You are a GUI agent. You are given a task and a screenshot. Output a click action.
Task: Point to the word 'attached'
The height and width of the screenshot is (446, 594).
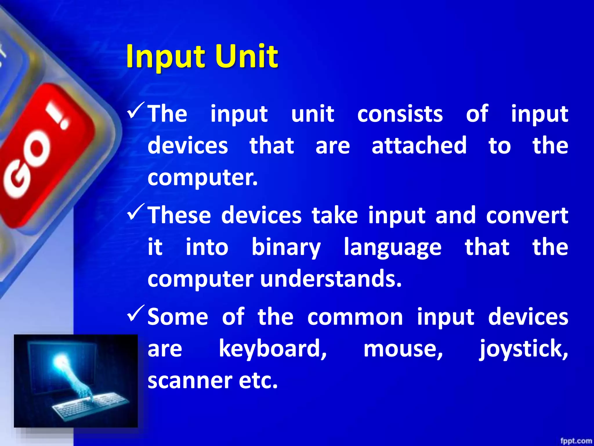pyautogui.click(x=419, y=145)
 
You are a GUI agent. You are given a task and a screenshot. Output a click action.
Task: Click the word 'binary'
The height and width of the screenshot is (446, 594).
pyautogui.click(x=286, y=247)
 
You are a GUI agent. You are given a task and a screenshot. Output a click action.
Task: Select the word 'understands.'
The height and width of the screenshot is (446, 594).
pyautogui.click(x=331, y=279)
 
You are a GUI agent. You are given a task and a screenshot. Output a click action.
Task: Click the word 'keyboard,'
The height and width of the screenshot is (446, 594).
pyautogui.click(x=273, y=349)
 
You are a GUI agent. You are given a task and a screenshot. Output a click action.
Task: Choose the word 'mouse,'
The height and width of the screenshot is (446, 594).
pyautogui.click(x=403, y=349)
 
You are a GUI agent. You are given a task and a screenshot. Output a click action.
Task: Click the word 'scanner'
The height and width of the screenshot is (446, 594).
pyautogui.click(x=190, y=381)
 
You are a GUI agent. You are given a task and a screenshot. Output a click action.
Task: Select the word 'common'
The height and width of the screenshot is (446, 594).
pyautogui.click(x=355, y=317)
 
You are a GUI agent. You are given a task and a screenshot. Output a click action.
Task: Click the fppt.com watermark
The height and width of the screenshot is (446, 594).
pyautogui.click(x=576, y=441)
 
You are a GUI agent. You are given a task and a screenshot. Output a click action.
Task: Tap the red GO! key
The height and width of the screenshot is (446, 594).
pyautogui.click(x=44, y=154)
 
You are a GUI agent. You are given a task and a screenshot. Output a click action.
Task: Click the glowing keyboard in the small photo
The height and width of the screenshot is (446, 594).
pyautogui.click(x=90, y=405)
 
